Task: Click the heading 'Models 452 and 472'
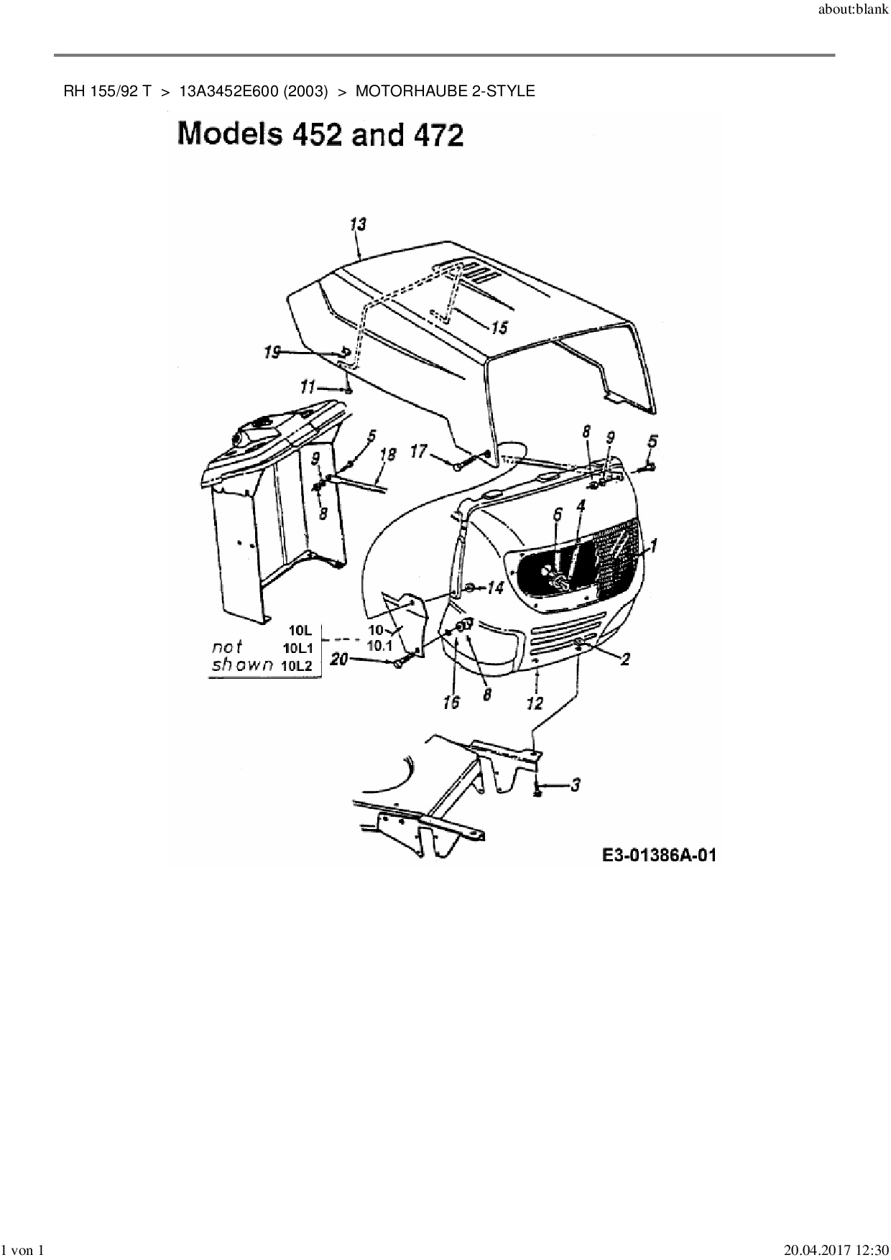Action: point(320,134)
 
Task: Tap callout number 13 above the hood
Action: point(357,225)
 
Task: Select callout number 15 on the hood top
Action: point(499,328)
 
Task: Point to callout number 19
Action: point(272,353)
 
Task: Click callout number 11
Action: point(308,387)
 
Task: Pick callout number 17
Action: point(418,452)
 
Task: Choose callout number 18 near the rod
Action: point(387,454)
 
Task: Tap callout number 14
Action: point(495,588)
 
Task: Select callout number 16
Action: point(451,702)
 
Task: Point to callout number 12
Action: point(535,703)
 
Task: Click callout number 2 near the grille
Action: point(625,658)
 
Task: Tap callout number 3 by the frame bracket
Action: point(576,784)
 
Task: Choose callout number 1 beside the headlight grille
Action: point(654,546)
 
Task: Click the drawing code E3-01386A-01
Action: point(659,855)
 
